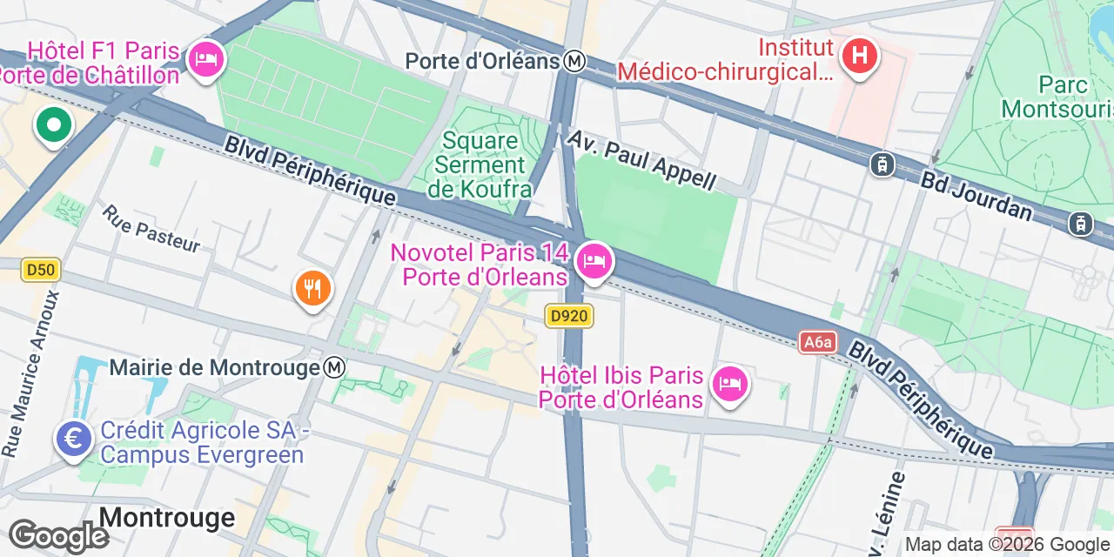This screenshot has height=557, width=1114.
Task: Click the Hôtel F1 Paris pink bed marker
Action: pos(206,60)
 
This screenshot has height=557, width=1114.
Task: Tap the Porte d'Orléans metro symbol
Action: pos(574,62)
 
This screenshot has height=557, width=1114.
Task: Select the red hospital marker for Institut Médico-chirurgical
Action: pos(859,57)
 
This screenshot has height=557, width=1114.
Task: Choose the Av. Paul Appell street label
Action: pos(642,160)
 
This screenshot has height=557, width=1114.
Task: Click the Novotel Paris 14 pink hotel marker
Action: pos(595,260)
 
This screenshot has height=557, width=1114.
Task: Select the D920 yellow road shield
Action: pos(570,316)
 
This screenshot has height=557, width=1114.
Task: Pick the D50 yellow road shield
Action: pos(40,270)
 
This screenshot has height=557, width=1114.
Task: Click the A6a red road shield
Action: pos(818,342)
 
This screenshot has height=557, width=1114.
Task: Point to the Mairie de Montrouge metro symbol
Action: pos(334,368)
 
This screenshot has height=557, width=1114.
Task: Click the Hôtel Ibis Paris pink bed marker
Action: pos(729,383)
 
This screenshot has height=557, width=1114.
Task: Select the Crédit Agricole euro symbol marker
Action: pos(75,439)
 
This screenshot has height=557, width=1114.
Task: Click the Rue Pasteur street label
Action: pos(151,228)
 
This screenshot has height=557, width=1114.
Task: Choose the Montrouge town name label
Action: pos(167,517)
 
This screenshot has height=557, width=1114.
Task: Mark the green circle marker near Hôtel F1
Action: pos(54,126)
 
